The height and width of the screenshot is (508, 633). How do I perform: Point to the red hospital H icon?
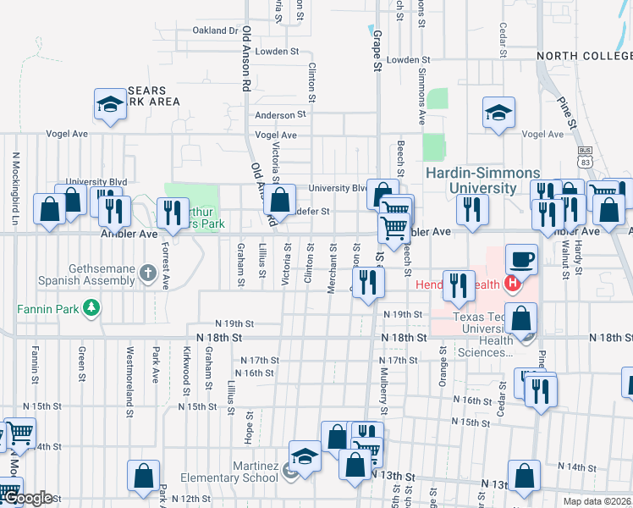point(510,284)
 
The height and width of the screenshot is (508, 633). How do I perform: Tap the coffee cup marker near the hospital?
point(521,258)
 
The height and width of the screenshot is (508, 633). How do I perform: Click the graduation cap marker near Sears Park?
point(109,104)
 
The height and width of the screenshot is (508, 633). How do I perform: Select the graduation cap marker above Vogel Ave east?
point(498,112)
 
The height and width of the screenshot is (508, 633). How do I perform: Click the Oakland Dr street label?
point(215,30)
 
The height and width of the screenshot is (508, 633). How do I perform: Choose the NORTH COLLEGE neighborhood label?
point(584,56)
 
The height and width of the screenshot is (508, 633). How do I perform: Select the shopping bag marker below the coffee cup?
point(524,318)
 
